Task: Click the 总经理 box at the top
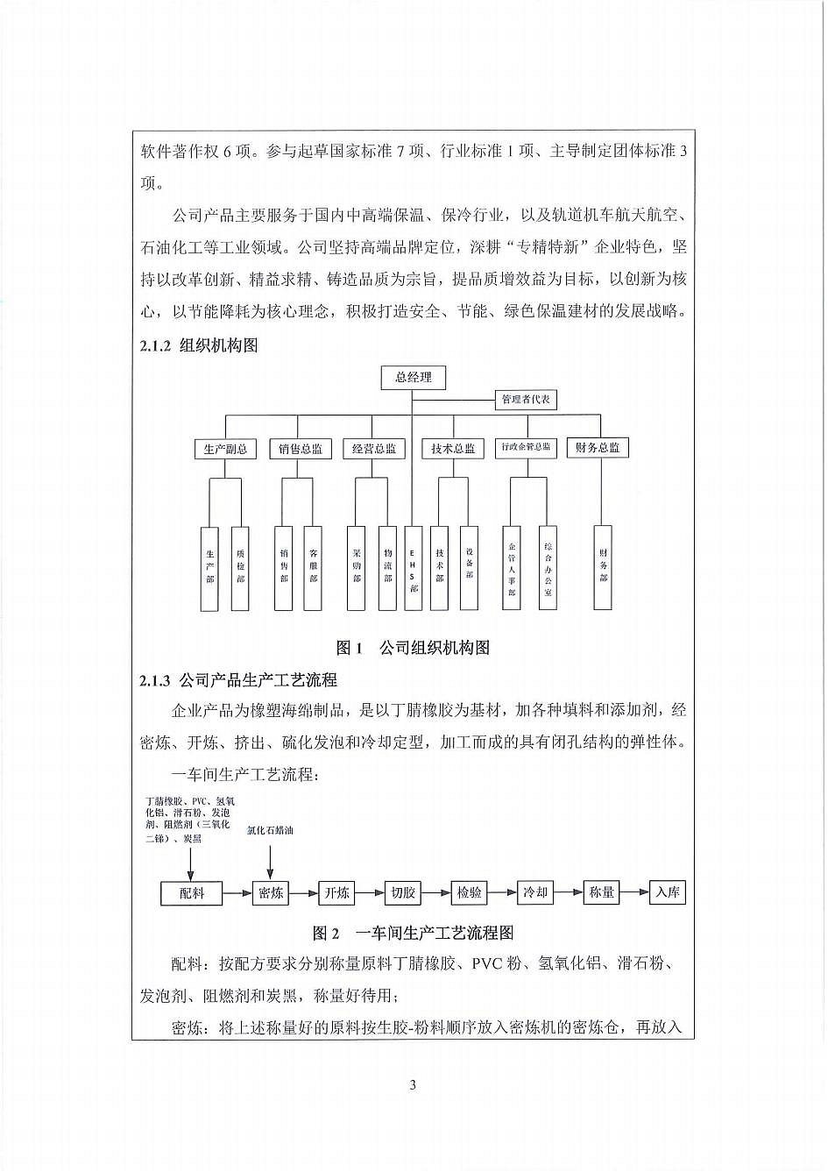pyautogui.click(x=413, y=378)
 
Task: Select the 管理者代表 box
pyautogui.click(x=526, y=400)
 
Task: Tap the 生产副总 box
pyautogui.click(x=225, y=449)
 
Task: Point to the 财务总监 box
pyautogui.click(x=598, y=448)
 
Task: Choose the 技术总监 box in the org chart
pyautogui.click(x=452, y=449)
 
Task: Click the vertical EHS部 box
pyautogui.click(x=414, y=568)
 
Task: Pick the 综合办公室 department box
pyautogui.click(x=548, y=568)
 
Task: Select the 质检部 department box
pyautogui.click(x=240, y=568)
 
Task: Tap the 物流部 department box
pyautogui.click(x=387, y=568)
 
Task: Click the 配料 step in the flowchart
pyautogui.click(x=192, y=893)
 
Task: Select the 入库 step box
pyautogui.click(x=667, y=892)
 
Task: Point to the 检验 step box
pyautogui.click(x=470, y=893)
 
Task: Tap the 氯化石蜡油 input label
pyautogui.click(x=270, y=830)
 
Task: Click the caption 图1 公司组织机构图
pyautogui.click(x=413, y=648)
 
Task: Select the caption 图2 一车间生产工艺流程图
pyautogui.click(x=413, y=933)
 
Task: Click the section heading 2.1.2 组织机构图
pyautogui.click(x=199, y=346)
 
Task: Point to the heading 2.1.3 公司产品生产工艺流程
pyautogui.click(x=238, y=680)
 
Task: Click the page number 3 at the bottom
pyautogui.click(x=413, y=1086)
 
